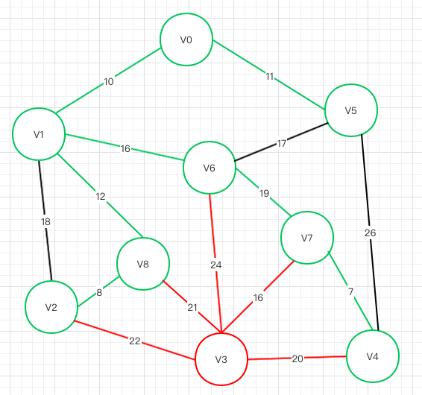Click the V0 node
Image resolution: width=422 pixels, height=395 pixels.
(x=186, y=39)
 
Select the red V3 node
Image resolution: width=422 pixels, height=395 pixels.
(x=221, y=359)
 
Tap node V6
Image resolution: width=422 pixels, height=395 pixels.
(x=210, y=168)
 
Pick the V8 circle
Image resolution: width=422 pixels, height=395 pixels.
(x=143, y=264)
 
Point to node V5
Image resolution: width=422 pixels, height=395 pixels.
(x=351, y=110)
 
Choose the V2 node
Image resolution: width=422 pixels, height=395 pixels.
(x=51, y=307)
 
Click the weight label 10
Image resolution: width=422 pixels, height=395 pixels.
(x=109, y=81)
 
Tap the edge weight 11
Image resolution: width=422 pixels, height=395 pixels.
(x=270, y=77)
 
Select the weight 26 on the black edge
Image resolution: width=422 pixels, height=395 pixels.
(x=371, y=233)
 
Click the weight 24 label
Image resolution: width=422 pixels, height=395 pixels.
(x=216, y=265)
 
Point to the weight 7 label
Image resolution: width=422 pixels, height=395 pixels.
(x=350, y=291)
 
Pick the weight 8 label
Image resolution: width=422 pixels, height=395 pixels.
(x=99, y=292)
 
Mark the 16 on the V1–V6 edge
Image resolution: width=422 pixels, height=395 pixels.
(x=125, y=148)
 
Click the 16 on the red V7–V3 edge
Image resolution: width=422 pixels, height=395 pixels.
(x=258, y=297)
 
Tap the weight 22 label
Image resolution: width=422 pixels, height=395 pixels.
(x=135, y=341)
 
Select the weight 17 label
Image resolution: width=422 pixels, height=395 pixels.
(x=282, y=143)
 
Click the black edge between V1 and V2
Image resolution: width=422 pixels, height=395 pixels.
(x=45, y=221)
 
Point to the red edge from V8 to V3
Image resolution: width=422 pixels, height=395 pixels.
(x=192, y=306)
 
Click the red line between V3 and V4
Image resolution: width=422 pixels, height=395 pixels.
(x=297, y=358)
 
